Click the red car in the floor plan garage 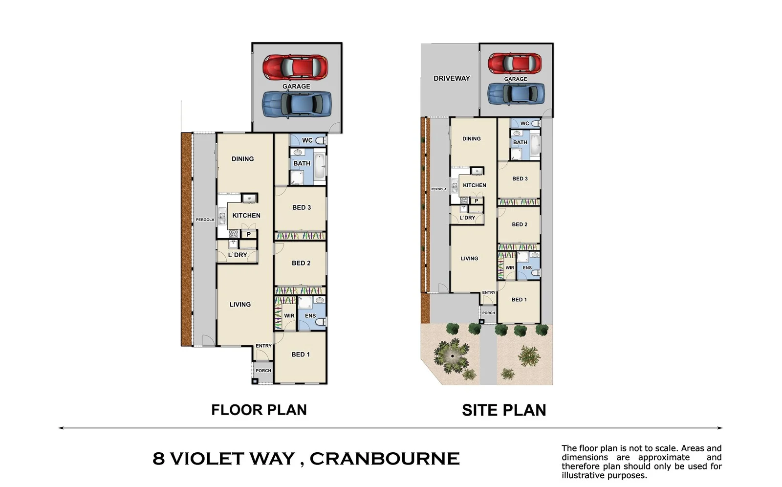(x=295, y=67)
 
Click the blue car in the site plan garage (x=516, y=93)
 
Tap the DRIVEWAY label (x=452, y=78)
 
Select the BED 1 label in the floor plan (x=301, y=354)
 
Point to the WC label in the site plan (x=524, y=124)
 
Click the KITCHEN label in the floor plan (x=246, y=216)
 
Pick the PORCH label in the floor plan (x=263, y=371)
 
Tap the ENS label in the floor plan (x=310, y=316)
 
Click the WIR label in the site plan (x=510, y=268)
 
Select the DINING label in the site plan (x=472, y=139)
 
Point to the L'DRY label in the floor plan (x=238, y=255)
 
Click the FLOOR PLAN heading (x=259, y=410)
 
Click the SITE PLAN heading (x=504, y=410)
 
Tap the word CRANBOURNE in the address (x=384, y=459)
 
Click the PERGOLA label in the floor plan (x=205, y=220)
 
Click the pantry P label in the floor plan (x=248, y=235)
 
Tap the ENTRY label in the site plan (x=489, y=293)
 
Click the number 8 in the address (x=158, y=459)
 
